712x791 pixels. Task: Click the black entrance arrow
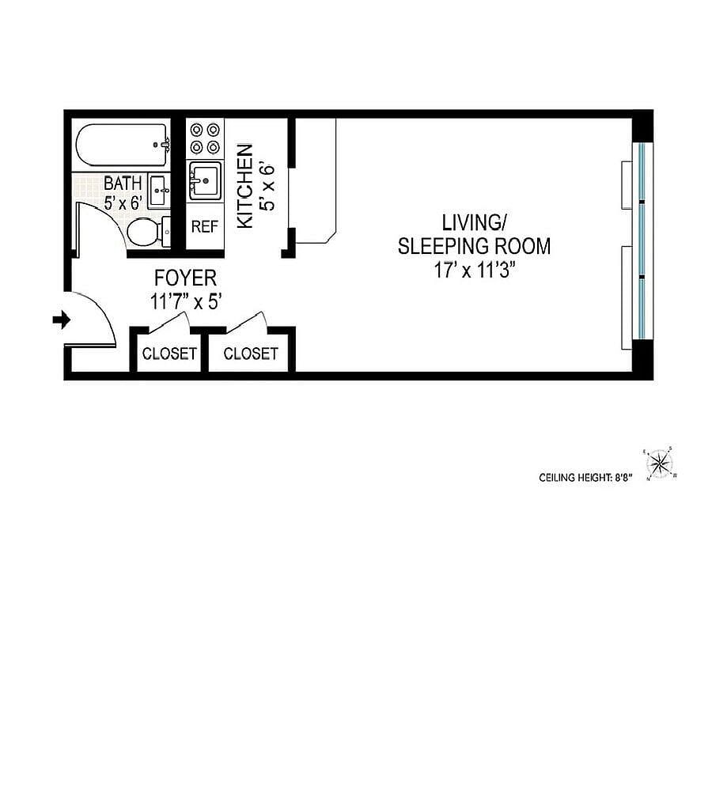pyautogui.click(x=62, y=320)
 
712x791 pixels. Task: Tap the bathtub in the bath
pyautogui.click(x=122, y=145)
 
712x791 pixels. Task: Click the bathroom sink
pyautogui.click(x=160, y=191)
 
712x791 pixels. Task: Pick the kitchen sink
pyautogui.click(x=205, y=180)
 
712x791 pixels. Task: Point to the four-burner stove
pyautogui.click(x=205, y=138)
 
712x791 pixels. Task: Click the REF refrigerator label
pyautogui.click(x=205, y=226)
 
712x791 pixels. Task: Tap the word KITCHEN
pyautogui.click(x=245, y=186)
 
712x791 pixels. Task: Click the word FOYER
pyautogui.click(x=185, y=278)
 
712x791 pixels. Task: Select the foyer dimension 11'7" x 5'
pyautogui.click(x=186, y=302)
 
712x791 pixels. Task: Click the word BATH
pyautogui.click(x=123, y=184)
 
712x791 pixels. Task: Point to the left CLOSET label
pyautogui.click(x=169, y=354)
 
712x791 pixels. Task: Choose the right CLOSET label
pyautogui.click(x=251, y=354)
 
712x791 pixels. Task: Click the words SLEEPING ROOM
pyautogui.click(x=474, y=246)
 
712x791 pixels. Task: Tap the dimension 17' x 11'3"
pyautogui.click(x=474, y=271)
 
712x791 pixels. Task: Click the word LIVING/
pyautogui.click(x=474, y=222)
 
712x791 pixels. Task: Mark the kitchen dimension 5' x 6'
pyautogui.click(x=267, y=186)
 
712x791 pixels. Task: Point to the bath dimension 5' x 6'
pyautogui.click(x=123, y=202)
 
